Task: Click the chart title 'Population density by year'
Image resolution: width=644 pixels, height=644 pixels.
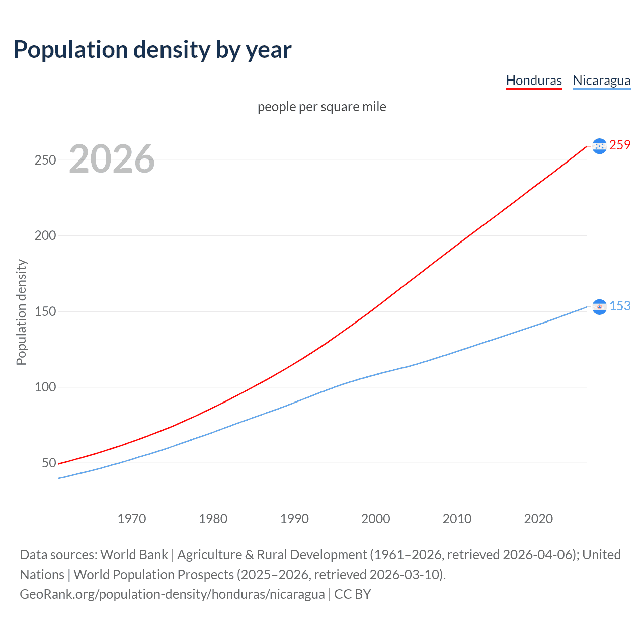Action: tap(152, 50)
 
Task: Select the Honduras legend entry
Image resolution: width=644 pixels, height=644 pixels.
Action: tap(533, 80)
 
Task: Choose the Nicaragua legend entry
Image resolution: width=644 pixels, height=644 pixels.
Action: tap(601, 80)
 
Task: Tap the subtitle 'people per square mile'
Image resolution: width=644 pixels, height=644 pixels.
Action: tap(321, 107)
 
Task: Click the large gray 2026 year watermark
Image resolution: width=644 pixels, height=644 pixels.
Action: tap(112, 159)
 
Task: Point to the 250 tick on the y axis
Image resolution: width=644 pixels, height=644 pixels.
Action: tap(45, 160)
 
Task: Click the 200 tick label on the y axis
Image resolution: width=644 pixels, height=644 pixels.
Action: tap(45, 235)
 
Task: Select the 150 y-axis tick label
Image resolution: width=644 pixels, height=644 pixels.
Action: tap(45, 311)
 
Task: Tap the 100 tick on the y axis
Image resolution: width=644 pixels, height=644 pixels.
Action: tap(45, 387)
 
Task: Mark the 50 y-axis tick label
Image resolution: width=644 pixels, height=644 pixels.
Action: tap(48, 463)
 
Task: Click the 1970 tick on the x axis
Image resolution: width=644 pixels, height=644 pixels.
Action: tap(132, 519)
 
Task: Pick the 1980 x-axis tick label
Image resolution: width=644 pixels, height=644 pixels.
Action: tap(213, 519)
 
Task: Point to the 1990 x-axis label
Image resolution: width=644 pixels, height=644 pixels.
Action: tap(294, 519)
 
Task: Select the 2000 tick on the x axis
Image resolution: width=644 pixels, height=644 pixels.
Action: tap(375, 519)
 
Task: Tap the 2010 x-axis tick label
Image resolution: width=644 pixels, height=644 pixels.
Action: tap(457, 519)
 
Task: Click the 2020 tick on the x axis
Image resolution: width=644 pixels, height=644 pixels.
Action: tap(538, 519)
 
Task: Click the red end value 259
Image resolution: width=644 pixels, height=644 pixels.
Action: tap(620, 145)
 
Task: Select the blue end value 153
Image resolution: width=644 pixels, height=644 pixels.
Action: tap(620, 306)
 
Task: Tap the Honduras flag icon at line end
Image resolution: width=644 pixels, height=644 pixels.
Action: tap(599, 146)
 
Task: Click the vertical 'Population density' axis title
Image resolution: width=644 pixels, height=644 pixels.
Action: tap(21, 312)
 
